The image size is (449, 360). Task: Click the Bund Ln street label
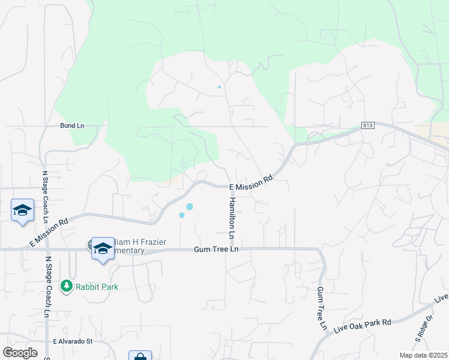click(72, 125)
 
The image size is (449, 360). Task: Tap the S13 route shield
click(368, 125)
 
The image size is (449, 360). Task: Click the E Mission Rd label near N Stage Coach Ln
click(49, 231)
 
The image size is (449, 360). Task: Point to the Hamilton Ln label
click(231, 215)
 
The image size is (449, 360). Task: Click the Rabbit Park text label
click(97, 287)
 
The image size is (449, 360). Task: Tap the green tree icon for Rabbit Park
click(67, 286)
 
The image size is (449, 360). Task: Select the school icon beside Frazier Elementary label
click(103, 248)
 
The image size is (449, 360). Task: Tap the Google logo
click(20, 353)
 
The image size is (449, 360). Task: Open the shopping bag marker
click(140, 356)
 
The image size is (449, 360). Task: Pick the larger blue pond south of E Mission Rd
click(190, 206)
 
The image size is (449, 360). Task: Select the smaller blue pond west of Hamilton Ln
click(181, 215)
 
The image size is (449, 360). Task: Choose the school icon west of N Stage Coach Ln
click(22, 211)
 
